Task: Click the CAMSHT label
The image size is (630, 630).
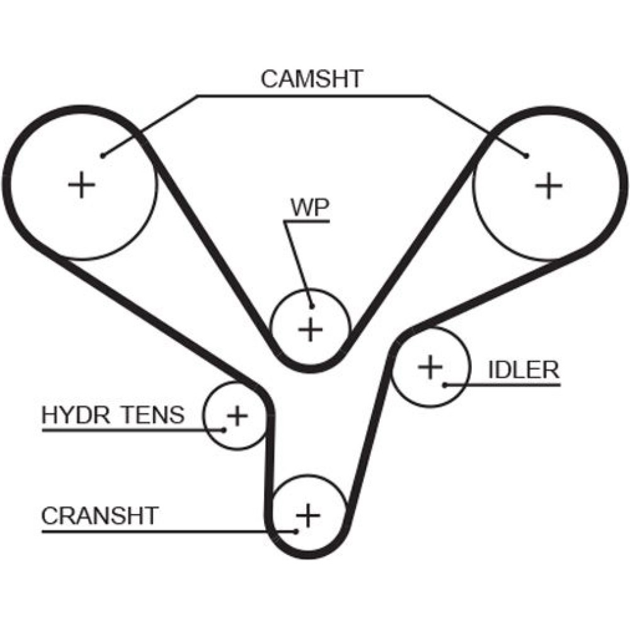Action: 312,79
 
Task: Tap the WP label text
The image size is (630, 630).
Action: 309,208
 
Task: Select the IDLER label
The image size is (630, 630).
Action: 524,370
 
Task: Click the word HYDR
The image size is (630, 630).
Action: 69,416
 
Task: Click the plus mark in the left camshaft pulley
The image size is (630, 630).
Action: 81,186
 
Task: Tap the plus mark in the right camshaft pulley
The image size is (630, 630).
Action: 549,186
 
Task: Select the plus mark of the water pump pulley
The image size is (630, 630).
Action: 310,329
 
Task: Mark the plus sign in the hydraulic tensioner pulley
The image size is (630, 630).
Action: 237,415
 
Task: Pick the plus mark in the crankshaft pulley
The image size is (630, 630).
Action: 308,516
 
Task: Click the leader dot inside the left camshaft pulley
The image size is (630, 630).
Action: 102,154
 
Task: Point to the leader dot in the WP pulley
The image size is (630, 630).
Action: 311,306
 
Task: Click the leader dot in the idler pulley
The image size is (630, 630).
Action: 444,384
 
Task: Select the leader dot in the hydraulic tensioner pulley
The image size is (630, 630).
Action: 224,430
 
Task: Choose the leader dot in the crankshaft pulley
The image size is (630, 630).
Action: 295,530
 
